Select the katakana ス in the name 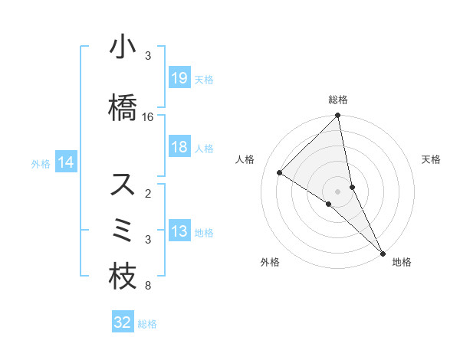click(x=123, y=185)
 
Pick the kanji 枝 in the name click(x=123, y=277)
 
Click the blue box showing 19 click(x=179, y=78)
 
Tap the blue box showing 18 click(x=179, y=147)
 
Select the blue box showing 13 click(x=179, y=232)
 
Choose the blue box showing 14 click(x=66, y=162)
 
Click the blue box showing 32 click(x=123, y=322)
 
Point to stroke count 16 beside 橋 click(x=148, y=117)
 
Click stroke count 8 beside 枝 click(x=148, y=286)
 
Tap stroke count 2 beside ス click(x=148, y=194)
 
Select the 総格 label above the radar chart click(x=338, y=100)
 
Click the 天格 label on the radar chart click(x=432, y=159)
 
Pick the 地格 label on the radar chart click(x=402, y=262)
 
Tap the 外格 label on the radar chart click(x=270, y=262)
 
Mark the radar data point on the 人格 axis click(x=280, y=172)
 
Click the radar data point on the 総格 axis click(x=338, y=116)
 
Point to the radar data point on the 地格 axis click(x=382, y=252)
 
